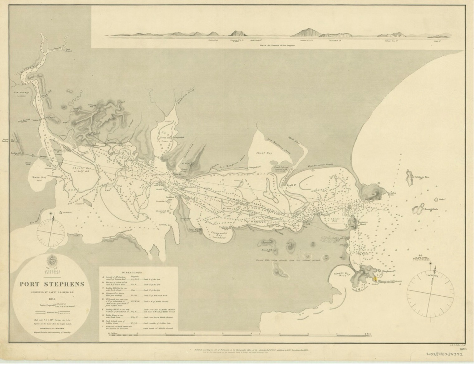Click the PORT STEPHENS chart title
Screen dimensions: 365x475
52,284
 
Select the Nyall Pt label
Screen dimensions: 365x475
290,185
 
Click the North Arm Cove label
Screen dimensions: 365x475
165,139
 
